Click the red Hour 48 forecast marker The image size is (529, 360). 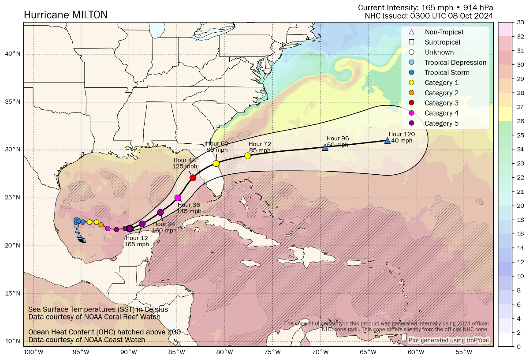click(193, 178)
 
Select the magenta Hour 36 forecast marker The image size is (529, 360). click(178, 198)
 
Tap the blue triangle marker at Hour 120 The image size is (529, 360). click(387, 141)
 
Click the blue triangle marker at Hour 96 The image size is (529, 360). click(325, 147)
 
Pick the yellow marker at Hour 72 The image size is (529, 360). click(248, 156)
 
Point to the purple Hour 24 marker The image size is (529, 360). click(160, 213)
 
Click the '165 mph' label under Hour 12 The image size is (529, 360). click(136, 244)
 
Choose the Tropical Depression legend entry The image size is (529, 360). click(455, 63)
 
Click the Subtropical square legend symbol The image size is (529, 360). click(411, 42)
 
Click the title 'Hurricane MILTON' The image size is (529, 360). click(65, 15)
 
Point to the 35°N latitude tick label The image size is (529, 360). click(12, 102)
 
